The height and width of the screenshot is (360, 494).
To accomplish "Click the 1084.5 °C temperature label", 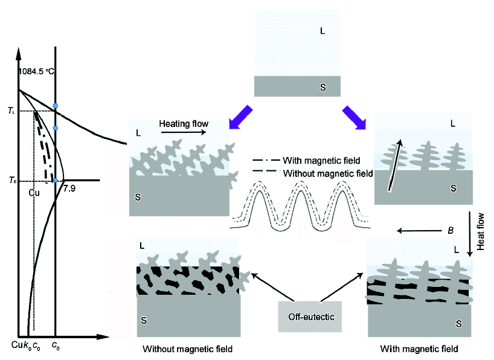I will coord(36,71).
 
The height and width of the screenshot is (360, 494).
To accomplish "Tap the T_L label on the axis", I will coord(11,111).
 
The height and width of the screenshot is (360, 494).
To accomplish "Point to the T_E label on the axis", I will coord(11,180).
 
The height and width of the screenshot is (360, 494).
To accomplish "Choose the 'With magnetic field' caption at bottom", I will coord(419,349).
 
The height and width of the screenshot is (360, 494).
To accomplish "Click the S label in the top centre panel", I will coord(322,88).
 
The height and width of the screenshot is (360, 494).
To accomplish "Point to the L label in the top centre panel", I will coord(322,29).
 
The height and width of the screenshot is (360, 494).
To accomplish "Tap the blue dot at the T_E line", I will coord(55,180).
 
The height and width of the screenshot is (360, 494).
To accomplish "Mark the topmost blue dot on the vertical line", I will coord(55,106).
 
